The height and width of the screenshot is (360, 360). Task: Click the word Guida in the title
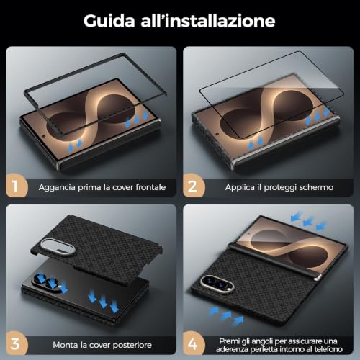point(109,21)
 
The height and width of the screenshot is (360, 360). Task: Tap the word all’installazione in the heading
point(208,21)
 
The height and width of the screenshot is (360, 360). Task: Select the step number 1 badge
point(16,186)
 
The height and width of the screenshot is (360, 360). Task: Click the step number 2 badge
point(193,186)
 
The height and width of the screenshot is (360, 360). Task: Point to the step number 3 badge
point(16,343)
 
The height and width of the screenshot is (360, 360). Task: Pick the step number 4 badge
point(193,343)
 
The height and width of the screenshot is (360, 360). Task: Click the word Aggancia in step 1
point(57,188)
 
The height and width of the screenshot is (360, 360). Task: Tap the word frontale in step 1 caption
point(150,187)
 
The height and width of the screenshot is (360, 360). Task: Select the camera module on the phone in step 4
point(217,284)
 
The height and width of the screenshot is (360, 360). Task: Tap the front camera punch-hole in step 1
point(44,136)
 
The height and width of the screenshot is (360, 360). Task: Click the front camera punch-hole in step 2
point(217,135)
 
